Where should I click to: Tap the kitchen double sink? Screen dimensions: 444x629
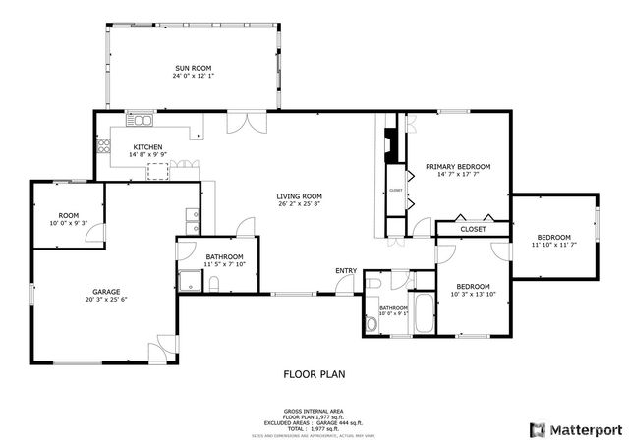point(144,121)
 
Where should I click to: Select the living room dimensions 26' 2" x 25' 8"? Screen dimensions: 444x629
point(299,204)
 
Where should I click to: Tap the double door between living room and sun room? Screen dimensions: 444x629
point(239,124)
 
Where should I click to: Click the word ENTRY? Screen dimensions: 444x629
point(346,271)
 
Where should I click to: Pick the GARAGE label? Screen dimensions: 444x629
point(106,292)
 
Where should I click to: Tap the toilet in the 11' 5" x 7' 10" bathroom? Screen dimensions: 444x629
point(214,285)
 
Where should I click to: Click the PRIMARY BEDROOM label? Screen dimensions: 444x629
point(458,167)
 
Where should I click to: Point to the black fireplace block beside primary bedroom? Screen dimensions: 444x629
point(392,147)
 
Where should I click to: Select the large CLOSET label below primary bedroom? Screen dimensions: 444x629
point(473,229)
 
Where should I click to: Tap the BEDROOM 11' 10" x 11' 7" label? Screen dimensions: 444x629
point(553,238)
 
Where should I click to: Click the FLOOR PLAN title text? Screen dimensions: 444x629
point(314,374)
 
